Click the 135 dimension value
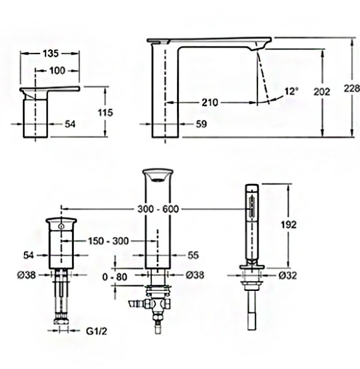pos(51,54)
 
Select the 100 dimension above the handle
pos(57,70)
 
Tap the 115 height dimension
pos(106,113)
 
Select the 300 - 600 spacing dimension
pos(162,210)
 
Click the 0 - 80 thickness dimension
pos(115,277)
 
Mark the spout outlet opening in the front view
pos(157,178)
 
